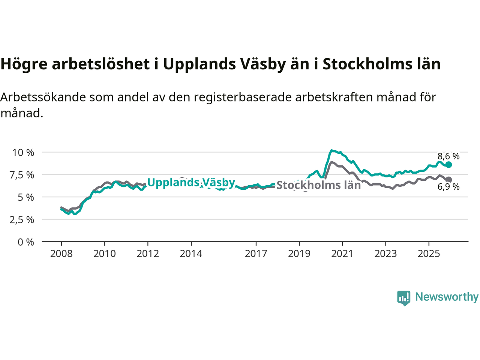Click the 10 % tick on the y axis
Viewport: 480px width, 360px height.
[23, 153]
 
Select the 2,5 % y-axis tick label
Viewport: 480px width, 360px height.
[22, 220]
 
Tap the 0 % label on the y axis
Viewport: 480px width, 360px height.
[26, 242]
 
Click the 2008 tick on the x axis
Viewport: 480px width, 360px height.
[61, 254]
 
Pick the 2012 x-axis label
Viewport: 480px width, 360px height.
[148, 254]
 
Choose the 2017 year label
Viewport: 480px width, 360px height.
[256, 254]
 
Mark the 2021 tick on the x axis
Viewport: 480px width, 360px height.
[342, 254]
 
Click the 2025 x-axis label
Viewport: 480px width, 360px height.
[429, 254]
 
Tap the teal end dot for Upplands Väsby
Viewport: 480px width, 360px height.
[448, 165]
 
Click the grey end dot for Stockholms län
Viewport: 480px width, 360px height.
[448, 180]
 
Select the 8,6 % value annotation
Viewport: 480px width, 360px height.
[448, 156]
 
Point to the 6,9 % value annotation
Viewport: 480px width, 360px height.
[448, 187]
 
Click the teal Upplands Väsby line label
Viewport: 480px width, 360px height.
[191, 183]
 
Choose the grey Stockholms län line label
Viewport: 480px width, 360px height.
[318, 185]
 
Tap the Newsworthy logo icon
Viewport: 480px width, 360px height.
[403, 298]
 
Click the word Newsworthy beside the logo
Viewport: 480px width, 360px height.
[447, 297]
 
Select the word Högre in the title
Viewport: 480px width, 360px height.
[24, 64]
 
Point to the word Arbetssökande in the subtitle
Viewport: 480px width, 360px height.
[44, 97]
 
